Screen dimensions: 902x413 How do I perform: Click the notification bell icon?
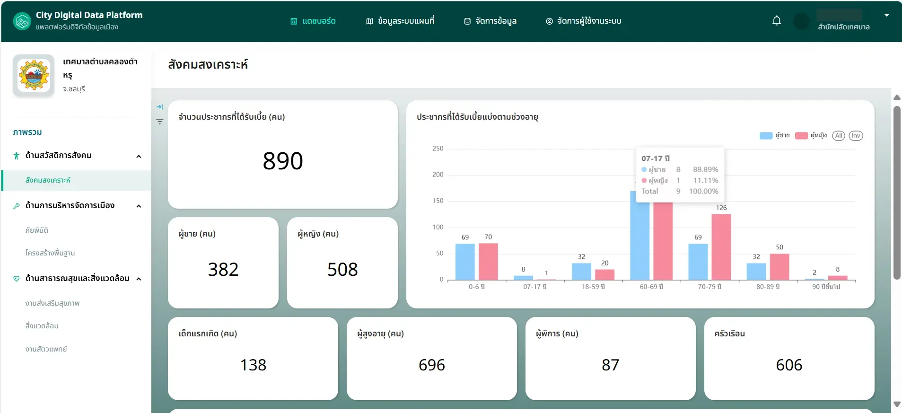point(777,21)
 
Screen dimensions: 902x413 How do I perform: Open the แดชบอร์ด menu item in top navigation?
point(313,21)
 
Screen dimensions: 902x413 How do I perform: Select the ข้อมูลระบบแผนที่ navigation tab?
point(400,21)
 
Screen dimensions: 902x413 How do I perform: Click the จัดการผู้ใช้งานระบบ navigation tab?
point(584,21)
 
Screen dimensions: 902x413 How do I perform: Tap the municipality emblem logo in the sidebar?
point(34,75)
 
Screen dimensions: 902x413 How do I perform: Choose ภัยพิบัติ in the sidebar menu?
point(37,230)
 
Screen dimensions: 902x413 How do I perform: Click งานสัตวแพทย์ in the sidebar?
point(46,349)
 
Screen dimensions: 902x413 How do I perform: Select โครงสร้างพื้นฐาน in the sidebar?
point(50,253)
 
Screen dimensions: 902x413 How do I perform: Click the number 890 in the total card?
point(283,161)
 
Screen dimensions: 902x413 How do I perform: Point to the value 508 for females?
point(342,270)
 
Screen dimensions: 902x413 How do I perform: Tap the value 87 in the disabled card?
point(610,365)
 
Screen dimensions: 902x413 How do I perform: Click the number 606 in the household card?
point(789,365)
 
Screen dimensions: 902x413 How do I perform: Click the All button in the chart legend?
point(839,136)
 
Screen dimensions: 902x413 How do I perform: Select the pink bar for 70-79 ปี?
point(721,247)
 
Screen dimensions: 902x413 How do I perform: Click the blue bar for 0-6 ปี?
point(465,262)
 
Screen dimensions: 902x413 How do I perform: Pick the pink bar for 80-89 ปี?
point(779,267)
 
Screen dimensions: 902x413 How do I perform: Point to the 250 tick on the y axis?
point(438,149)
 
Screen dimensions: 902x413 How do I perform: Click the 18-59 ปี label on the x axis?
point(593,287)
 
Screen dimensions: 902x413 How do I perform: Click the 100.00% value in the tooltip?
point(703,191)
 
